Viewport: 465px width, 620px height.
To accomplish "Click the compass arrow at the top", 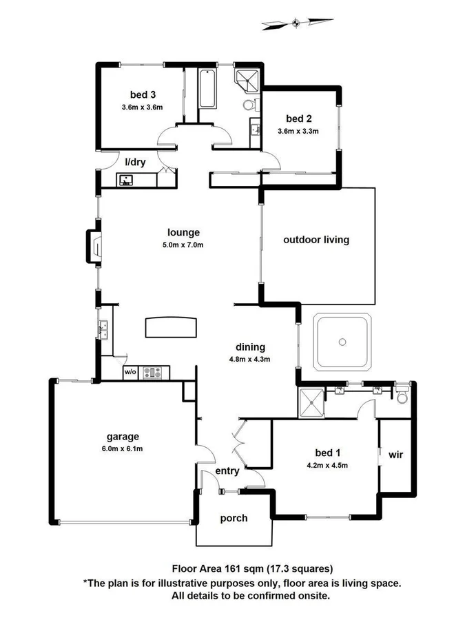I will pos(294,23).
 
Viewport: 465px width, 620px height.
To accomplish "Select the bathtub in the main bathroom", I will pos(207,89).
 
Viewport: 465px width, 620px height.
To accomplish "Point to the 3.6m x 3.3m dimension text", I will pos(298,130).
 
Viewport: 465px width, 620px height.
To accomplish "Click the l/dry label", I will pos(134,162).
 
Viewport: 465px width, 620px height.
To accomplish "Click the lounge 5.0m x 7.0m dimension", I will pos(183,245).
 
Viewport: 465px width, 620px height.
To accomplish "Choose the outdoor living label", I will pos(316,240).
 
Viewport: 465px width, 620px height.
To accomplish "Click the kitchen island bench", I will pos(169,327).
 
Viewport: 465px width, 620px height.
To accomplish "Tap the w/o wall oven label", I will pos(130,373).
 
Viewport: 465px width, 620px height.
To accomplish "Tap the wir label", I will pos(395,455).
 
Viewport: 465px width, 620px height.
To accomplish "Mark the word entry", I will pos(227,471).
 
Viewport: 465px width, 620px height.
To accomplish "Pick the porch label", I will pos(233,518).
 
